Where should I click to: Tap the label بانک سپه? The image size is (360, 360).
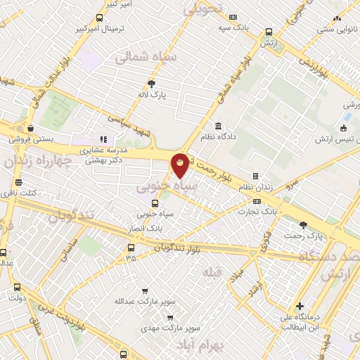pos(233,27)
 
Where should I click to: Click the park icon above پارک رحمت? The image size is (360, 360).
pos(303,226)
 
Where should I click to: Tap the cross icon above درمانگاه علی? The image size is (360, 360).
pos(300,306)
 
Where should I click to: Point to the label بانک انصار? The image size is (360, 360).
pos(146,229)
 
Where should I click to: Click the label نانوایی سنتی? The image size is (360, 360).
pos(336,29)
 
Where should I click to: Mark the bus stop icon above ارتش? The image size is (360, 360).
pos(269,32)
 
